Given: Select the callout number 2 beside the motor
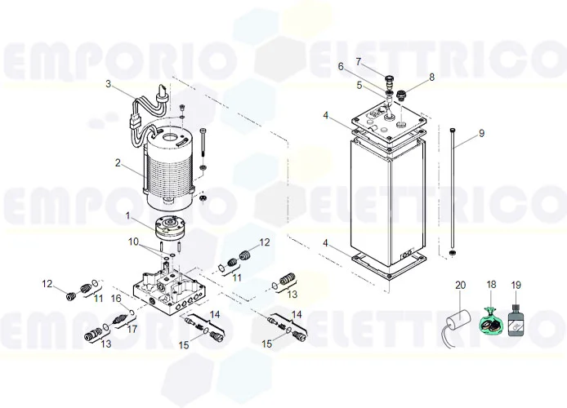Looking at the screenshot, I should (118, 162).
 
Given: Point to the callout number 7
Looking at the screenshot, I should (357, 61).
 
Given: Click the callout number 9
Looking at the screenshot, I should (481, 133).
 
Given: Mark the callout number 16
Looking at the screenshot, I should (115, 299).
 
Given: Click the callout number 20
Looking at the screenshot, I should (460, 285).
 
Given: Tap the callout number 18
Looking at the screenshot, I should (491, 285).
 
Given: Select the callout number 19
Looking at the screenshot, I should (516, 285).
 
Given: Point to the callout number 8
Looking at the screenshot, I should (432, 77).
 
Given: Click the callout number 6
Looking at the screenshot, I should (342, 67).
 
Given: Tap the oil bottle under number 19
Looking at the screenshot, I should (516, 318).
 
